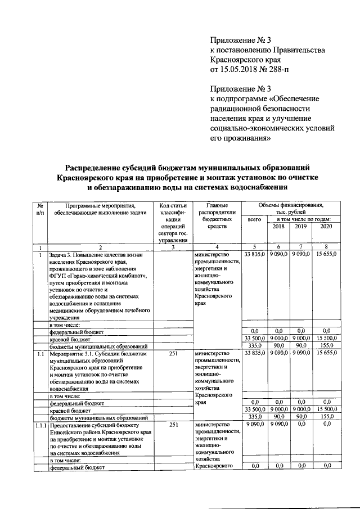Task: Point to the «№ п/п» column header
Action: tap(40, 209)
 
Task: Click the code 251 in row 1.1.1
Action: tap(173, 425)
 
